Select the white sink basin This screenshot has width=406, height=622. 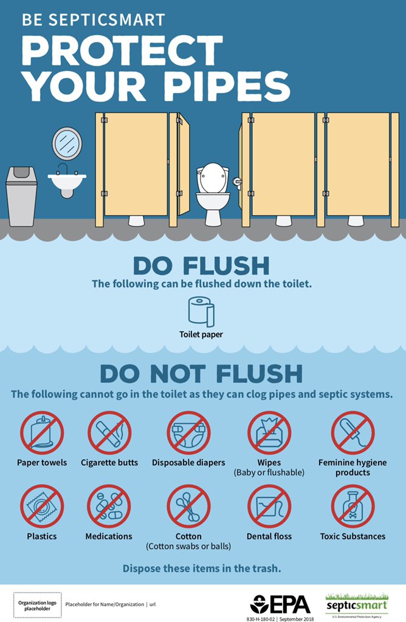[67, 180]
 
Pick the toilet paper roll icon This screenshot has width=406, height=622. [201, 311]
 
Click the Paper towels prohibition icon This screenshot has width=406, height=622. [42, 433]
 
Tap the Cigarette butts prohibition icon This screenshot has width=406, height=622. [109, 433]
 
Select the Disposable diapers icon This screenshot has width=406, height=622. [188, 433]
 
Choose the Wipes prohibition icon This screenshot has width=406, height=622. [269, 433]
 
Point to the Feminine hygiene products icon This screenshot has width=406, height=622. [353, 433]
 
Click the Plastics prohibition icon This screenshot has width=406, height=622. [42, 506]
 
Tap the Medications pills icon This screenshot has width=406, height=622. [109, 506]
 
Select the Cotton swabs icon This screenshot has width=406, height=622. [188, 506]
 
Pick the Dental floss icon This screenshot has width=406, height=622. [269, 506]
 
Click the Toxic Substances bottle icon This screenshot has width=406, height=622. [353, 506]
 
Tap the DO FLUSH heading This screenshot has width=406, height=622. [201, 265]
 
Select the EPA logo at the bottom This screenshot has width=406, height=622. [281, 604]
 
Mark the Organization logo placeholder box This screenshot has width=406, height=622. [35, 604]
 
